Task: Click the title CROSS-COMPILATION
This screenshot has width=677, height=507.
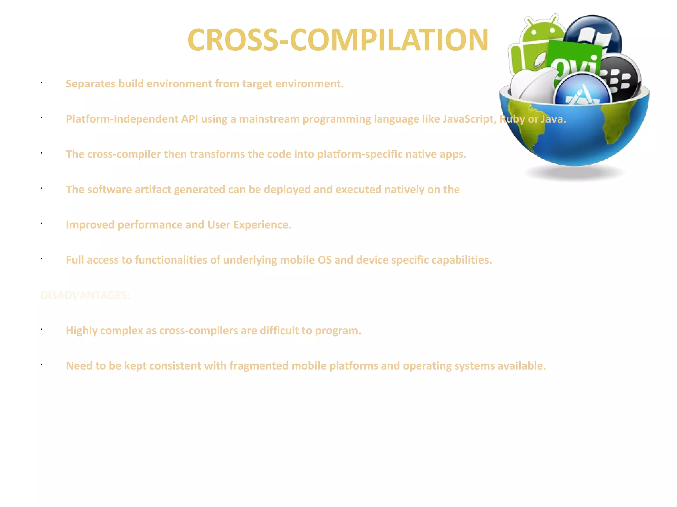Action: click(338, 40)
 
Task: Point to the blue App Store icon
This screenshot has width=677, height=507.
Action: click(582, 91)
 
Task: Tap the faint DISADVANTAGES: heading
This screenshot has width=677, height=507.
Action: click(85, 295)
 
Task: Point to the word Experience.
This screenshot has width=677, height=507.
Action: click(262, 225)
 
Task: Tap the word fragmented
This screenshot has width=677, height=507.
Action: click(259, 366)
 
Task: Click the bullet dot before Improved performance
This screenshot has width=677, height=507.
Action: click(42, 224)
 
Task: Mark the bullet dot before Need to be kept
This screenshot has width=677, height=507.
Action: click(42, 365)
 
